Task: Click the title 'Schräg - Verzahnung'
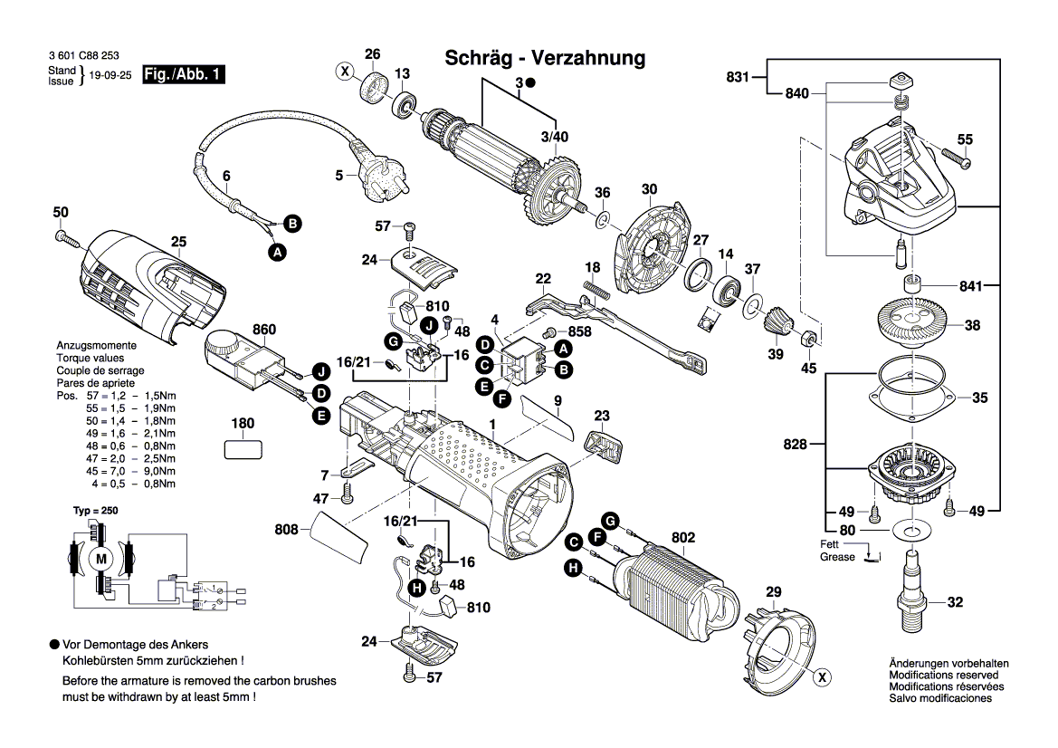(x=545, y=59)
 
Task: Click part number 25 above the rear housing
(x=178, y=242)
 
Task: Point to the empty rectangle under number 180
(x=243, y=449)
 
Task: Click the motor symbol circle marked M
(x=101, y=558)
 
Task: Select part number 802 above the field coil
(x=682, y=538)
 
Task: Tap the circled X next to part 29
(x=822, y=676)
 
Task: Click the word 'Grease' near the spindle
(x=837, y=557)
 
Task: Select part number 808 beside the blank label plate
(x=287, y=530)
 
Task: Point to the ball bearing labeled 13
(x=404, y=101)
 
